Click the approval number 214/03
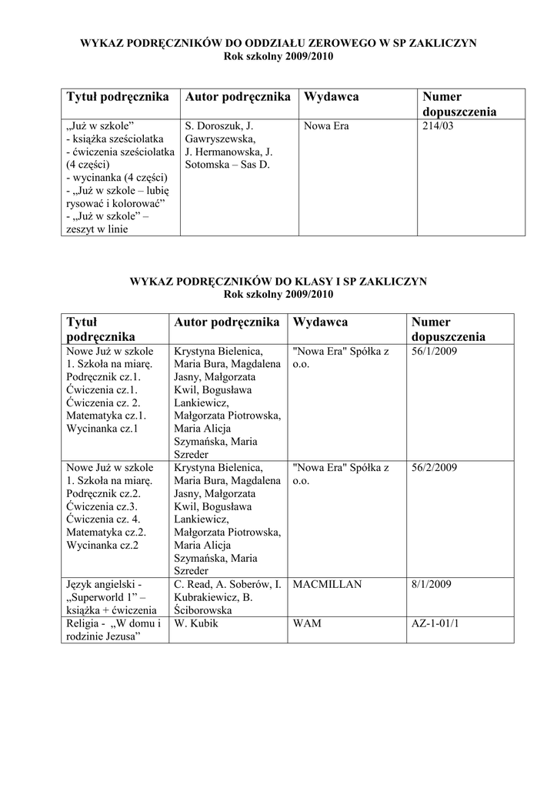tap(439, 125)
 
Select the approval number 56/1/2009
tap(435, 351)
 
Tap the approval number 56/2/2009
tap(435, 468)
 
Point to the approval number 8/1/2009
tap(432, 585)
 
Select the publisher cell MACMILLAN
tap(327, 585)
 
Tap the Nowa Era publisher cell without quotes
tap(327, 125)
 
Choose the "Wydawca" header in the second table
tap(320, 322)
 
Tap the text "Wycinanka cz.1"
tap(102, 429)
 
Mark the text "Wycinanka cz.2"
tap(102, 546)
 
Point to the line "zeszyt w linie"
tap(97, 229)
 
